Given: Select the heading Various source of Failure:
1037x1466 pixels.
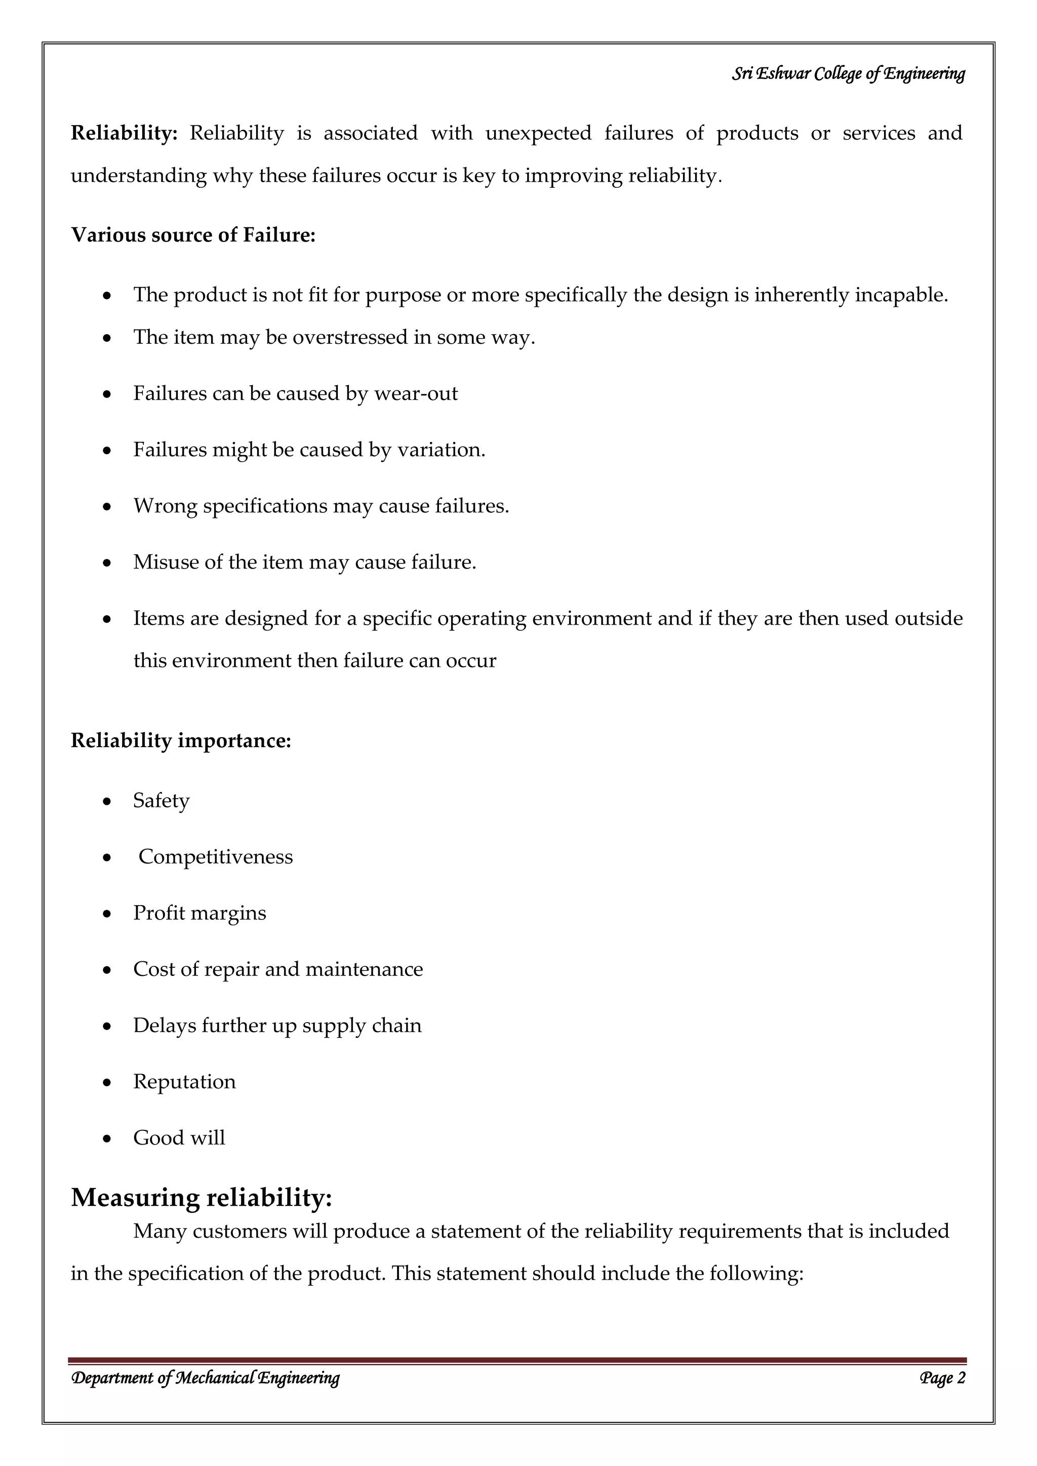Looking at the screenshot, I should [193, 235].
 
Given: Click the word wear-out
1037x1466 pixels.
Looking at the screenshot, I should [416, 393].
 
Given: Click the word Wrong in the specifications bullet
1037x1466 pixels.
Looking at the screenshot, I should [165, 506].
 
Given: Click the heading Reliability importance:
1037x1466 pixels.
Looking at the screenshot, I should [181, 741].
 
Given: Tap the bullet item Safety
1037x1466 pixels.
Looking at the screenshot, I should [161, 801].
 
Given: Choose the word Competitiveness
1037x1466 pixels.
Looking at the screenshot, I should [215, 857].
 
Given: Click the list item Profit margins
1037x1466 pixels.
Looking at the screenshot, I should [199, 913].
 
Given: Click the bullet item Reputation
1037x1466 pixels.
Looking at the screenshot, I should [184, 1082].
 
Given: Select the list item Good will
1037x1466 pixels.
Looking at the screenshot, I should [179, 1138].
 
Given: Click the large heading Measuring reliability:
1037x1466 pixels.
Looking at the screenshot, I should [201, 1197].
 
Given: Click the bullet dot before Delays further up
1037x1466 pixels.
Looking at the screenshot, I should [107, 1027].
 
